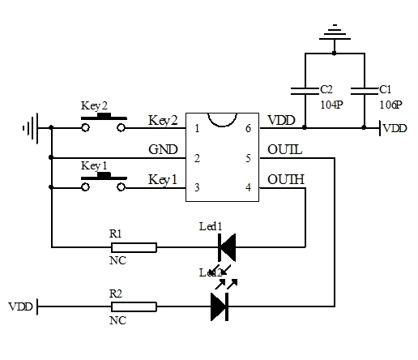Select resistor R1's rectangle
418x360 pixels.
(x=133, y=246)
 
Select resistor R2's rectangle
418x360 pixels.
(x=133, y=306)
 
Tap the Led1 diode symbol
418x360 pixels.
(x=226, y=246)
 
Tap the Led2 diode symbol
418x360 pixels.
(x=219, y=306)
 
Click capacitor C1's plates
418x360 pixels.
(x=366, y=89)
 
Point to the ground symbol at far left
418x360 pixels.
(x=31, y=127)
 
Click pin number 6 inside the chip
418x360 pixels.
(x=247, y=128)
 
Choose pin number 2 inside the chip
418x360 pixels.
(x=197, y=158)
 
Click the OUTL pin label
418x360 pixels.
(x=284, y=150)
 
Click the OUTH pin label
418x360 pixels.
(x=285, y=179)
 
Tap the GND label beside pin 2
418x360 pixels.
(x=163, y=150)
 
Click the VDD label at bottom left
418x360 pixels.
(x=21, y=306)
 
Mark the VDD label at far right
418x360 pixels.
(x=395, y=128)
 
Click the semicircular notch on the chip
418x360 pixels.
(x=222, y=118)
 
